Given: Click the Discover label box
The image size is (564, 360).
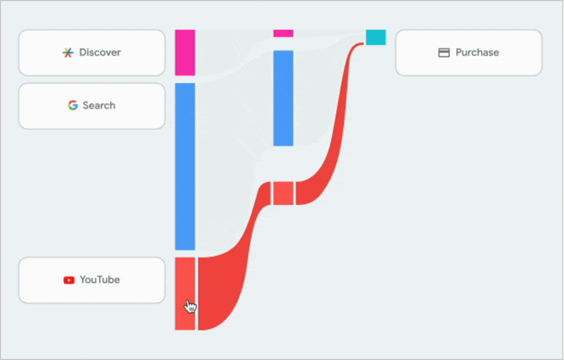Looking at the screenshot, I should tap(92, 52).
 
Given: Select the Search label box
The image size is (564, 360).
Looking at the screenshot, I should tap(92, 105).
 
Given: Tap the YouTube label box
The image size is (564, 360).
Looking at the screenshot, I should tap(92, 280).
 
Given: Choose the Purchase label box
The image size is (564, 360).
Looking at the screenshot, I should tap(469, 52).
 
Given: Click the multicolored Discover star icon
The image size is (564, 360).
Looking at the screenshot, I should tap(68, 52).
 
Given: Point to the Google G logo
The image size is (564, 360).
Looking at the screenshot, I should tap(73, 105).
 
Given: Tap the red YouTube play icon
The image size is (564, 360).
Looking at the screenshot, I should tap(69, 280).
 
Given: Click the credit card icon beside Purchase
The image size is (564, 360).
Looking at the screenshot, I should tap(444, 53).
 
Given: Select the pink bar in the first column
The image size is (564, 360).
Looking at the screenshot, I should tap(185, 52).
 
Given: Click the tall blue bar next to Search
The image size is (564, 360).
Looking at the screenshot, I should tap(185, 166).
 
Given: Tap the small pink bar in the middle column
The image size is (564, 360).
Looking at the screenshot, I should tap(283, 33).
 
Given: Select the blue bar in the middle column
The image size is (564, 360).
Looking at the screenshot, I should tap(283, 98).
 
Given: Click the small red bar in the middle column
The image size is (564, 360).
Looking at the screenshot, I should tap(283, 193).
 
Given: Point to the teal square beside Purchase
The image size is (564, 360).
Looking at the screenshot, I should tap(376, 37).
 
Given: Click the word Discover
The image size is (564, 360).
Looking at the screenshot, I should tap(100, 52).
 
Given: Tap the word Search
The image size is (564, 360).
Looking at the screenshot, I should tap(99, 105).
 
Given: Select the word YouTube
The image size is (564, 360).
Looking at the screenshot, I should tap(100, 280).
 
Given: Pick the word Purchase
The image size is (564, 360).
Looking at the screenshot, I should tap(477, 52).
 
